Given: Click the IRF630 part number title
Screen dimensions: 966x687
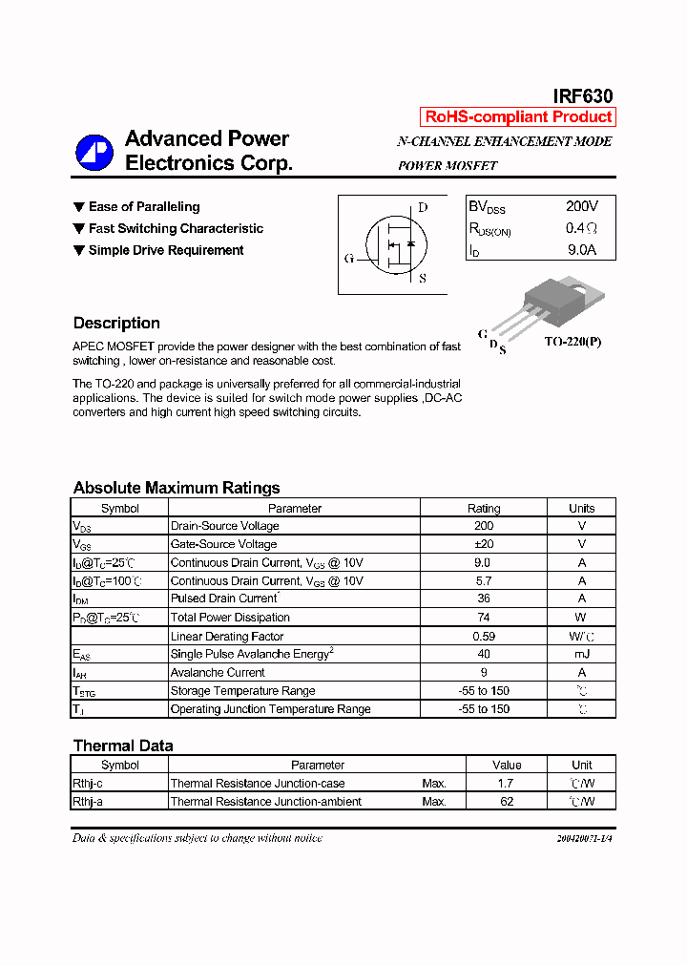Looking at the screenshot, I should [583, 95].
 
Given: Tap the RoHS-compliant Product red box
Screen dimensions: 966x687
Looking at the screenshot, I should [518, 117].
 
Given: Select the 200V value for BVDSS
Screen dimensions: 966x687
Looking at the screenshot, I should [581, 206].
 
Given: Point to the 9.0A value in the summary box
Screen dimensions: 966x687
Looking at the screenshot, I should [581, 250].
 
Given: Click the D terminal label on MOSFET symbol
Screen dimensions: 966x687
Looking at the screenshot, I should [423, 208].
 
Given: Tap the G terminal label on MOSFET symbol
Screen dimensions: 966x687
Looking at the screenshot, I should [348, 259].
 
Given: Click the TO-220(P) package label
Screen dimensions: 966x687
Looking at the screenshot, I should [572, 342].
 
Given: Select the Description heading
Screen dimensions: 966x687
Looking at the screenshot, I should [116, 323].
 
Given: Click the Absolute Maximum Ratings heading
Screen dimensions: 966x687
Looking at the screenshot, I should [177, 488].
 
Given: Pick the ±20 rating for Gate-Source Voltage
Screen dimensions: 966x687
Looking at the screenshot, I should [484, 544].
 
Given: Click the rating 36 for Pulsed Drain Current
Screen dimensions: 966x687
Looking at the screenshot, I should [484, 598].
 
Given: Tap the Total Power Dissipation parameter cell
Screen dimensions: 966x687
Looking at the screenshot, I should [230, 618].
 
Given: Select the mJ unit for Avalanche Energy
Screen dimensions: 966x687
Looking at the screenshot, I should [581, 654].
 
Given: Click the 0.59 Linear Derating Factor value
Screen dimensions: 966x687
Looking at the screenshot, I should [484, 636].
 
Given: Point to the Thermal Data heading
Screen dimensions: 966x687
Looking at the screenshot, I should [123, 745].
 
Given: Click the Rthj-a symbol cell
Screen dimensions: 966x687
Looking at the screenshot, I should [88, 802].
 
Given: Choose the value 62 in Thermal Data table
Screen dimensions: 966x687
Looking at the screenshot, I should [507, 802].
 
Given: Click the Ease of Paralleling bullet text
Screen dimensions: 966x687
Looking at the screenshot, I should [144, 207].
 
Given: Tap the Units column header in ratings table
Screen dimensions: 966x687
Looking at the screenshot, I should [581, 508].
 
